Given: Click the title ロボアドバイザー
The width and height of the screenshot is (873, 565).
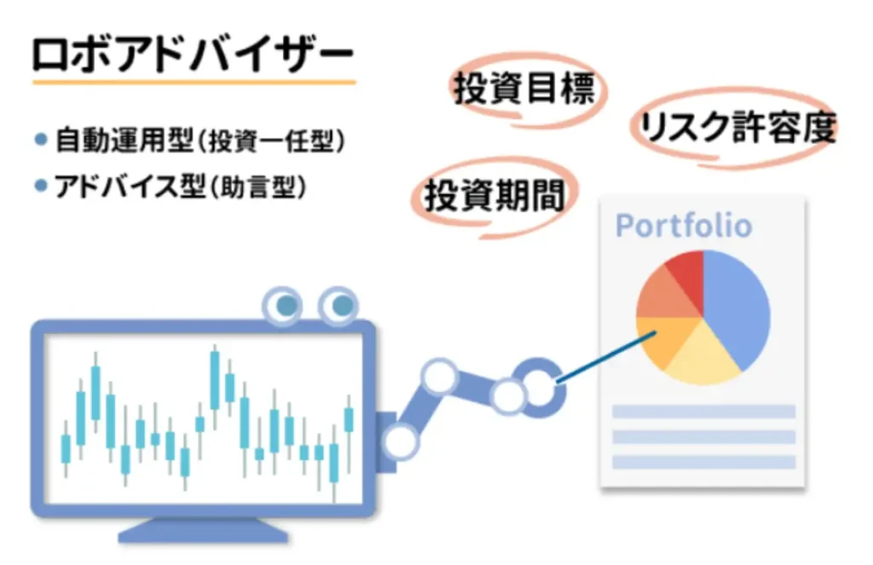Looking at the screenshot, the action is (x=193, y=55).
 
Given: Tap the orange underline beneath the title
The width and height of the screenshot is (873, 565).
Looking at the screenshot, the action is (x=194, y=83).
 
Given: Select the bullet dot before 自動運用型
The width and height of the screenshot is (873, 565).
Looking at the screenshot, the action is (x=41, y=139).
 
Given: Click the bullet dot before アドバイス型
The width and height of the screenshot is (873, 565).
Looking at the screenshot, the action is (x=41, y=186).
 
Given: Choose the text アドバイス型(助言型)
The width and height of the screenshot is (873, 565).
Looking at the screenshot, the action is (x=181, y=187).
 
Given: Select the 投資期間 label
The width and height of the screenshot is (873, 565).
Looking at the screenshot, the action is (x=494, y=195).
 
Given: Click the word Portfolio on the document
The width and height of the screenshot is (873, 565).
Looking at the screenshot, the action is (x=684, y=226).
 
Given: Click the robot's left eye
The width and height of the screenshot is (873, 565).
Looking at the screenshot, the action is (x=283, y=305).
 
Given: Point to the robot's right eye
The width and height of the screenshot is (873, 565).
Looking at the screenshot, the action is (x=338, y=305).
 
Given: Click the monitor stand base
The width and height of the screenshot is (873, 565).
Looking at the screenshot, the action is (x=203, y=532).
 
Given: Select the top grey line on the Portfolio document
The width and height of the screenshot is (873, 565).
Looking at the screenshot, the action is (x=703, y=412).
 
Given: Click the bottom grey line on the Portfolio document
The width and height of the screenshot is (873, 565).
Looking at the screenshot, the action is (x=703, y=462).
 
